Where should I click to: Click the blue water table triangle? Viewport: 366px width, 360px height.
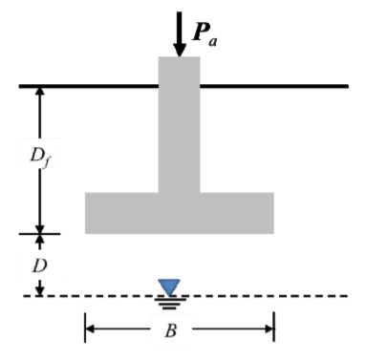click(x=169, y=286)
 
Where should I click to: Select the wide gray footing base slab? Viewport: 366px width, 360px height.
click(x=179, y=213)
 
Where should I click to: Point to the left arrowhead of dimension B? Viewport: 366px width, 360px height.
click(x=92, y=330)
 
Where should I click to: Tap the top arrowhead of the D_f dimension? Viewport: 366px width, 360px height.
click(x=39, y=94)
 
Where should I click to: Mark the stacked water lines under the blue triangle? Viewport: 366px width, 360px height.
click(x=169, y=302)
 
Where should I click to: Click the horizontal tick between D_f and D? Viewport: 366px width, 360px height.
click(x=39, y=234)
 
